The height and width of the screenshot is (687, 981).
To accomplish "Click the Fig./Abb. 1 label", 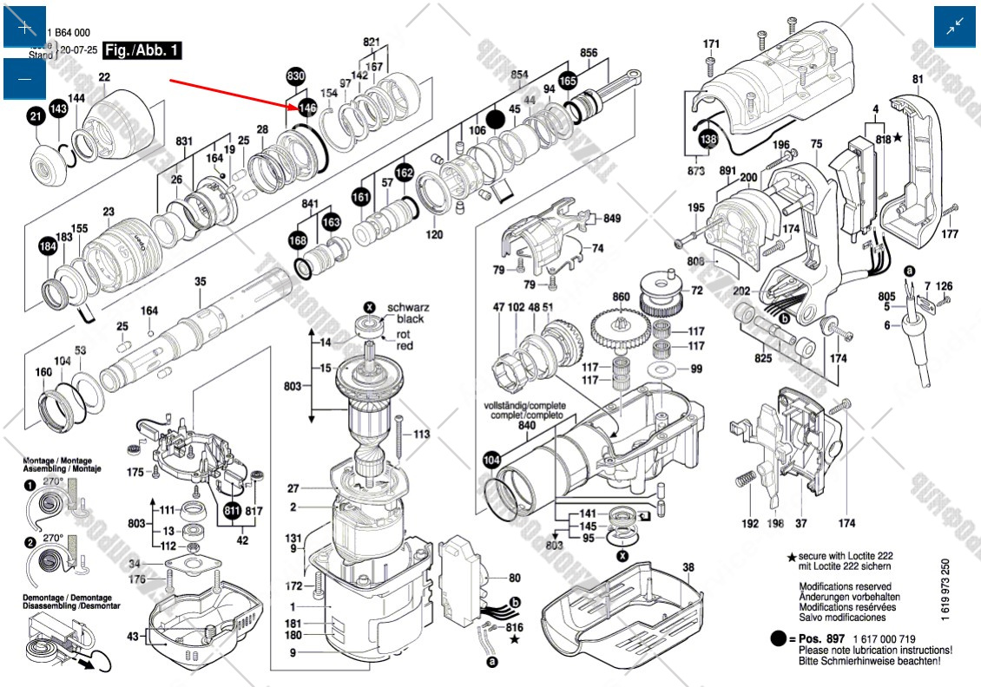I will click(142, 51).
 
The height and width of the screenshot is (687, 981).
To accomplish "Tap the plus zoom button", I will click(25, 27).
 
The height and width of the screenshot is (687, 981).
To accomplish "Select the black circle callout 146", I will click(306, 108).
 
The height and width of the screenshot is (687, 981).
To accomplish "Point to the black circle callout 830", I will click(296, 78).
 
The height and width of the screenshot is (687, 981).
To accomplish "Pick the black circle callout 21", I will click(36, 116).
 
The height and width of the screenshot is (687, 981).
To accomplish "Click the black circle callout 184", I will click(47, 247).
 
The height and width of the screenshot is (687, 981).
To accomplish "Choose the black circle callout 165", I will click(568, 81).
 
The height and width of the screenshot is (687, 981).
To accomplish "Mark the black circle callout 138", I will click(709, 139).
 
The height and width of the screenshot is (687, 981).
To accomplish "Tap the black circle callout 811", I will click(232, 510).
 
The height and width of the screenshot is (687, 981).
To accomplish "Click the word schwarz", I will click(407, 308).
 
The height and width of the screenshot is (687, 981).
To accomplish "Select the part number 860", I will click(621, 298).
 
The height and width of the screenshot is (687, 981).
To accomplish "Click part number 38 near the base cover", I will click(688, 568).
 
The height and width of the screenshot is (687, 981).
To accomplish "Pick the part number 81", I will click(918, 81).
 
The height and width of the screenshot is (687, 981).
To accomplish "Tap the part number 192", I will click(750, 523).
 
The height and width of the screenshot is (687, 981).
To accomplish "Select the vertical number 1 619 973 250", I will click(945, 589).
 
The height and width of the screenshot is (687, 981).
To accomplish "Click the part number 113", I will click(422, 435).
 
